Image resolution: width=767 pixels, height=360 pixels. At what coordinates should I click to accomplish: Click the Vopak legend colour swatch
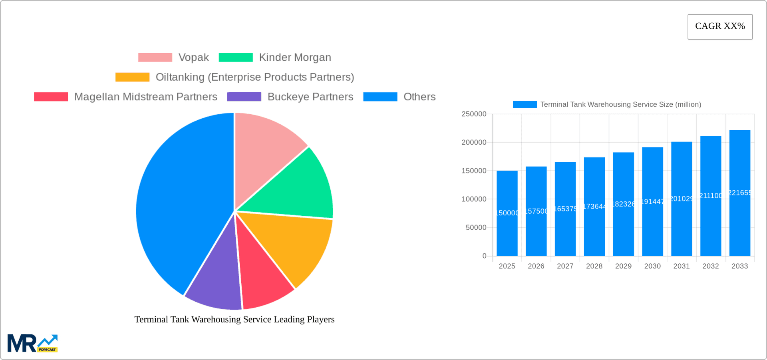[x=155, y=58]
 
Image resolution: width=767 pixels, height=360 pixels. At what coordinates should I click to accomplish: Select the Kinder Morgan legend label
[x=295, y=58]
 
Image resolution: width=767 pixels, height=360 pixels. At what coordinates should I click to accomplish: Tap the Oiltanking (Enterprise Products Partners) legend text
[x=254, y=77]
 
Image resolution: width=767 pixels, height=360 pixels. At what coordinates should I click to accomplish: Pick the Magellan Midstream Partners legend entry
[x=145, y=97]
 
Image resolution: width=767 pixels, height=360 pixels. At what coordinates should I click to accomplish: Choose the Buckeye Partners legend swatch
[x=244, y=97]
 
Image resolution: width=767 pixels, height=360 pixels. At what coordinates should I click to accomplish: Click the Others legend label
[x=419, y=97]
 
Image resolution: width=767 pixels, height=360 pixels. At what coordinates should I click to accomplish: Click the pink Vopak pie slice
[x=264, y=152]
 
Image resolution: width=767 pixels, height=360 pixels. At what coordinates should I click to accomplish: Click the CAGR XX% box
[x=720, y=27]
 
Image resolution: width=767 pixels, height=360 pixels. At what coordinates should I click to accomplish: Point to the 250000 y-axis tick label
[x=474, y=114]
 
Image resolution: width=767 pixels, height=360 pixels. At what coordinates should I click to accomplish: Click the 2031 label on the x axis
[x=682, y=266]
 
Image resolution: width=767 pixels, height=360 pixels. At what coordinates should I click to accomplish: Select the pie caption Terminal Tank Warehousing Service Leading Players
[x=234, y=319]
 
